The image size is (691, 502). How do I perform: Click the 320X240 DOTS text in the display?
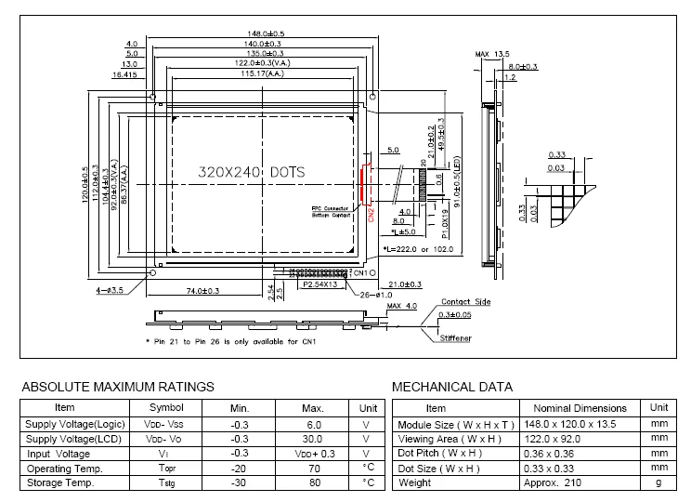point(252,173)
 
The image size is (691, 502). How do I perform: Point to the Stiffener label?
point(455,339)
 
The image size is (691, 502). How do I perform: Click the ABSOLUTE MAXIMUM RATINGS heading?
point(118,386)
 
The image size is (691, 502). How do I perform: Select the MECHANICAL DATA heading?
point(452,386)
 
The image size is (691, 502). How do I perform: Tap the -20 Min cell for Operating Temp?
point(240,469)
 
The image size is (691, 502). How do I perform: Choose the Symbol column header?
point(167,408)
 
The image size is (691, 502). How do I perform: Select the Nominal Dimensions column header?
point(580,408)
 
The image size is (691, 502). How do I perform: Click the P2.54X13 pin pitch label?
point(321,285)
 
